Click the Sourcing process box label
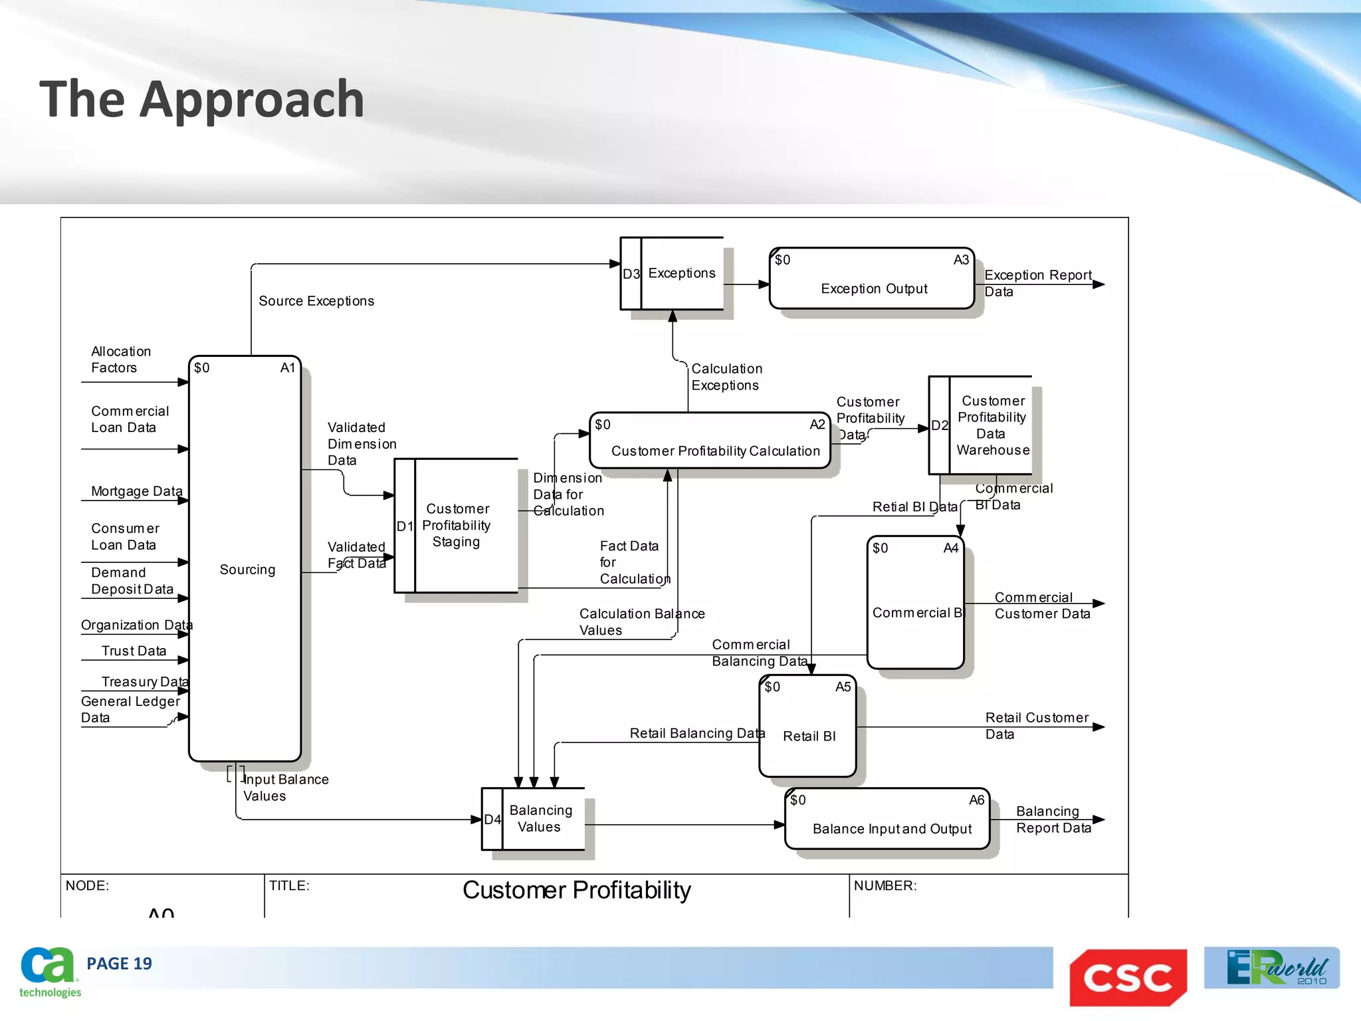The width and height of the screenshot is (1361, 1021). [247, 570]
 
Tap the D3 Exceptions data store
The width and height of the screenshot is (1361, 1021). [672, 273]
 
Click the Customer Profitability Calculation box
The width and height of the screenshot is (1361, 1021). [710, 441]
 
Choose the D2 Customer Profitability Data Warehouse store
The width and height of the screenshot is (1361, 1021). [981, 425]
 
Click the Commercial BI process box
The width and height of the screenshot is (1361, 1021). [916, 602]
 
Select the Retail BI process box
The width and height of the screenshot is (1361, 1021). [808, 727]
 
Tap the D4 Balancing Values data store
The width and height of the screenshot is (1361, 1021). [534, 819]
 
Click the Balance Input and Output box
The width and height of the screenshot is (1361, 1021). [888, 820]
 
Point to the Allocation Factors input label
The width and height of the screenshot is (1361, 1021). [121, 360]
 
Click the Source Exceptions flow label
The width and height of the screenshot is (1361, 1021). [316, 301]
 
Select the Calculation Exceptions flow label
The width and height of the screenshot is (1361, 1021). [726, 377]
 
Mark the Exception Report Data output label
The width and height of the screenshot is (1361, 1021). [1037, 283]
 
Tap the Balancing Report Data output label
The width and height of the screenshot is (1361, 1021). [1053, 820]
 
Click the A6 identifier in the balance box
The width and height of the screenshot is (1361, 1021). [976, 800]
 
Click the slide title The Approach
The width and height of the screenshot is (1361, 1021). [202, 99]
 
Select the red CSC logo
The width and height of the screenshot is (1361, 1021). [1128, 977]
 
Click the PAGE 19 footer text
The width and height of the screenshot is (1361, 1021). [119, 964]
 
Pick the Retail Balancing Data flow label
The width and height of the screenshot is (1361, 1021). [697, 733]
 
